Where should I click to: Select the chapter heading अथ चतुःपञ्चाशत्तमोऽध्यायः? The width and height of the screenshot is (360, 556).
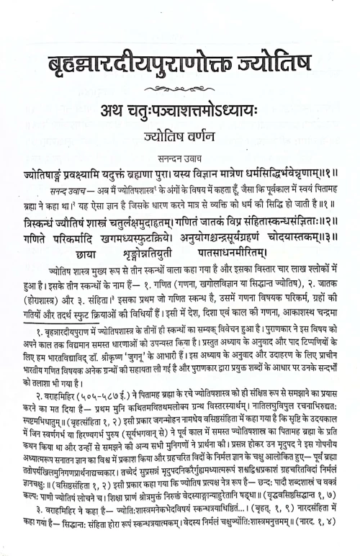[x=180, y=113]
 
